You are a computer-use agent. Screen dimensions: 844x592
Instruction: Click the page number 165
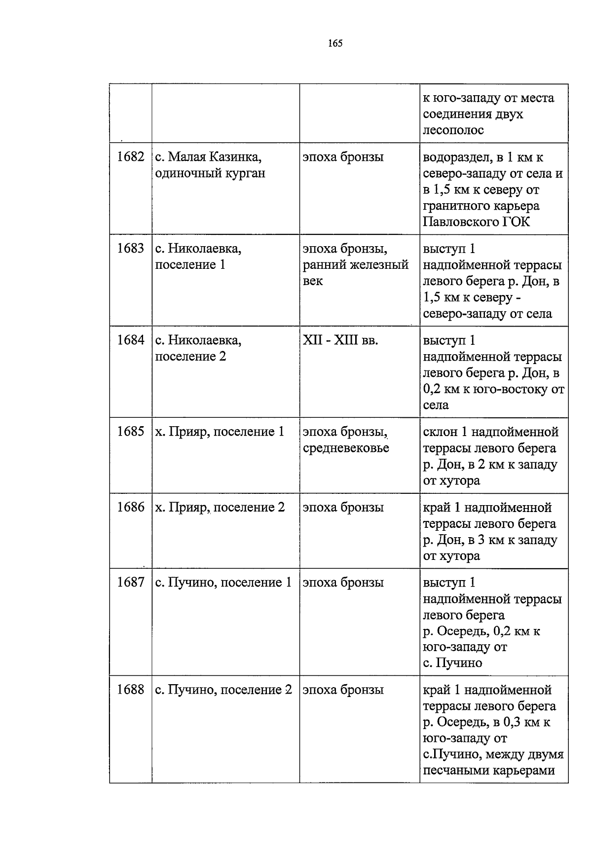335,43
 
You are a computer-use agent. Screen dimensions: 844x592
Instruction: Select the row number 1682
131,157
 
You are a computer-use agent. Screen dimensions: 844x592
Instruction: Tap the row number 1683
131,249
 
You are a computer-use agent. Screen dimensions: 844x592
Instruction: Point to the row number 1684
131,340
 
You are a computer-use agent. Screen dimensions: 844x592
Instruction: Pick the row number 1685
131,432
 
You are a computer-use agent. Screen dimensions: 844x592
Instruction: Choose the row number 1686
131,507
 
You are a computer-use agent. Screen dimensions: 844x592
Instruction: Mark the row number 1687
131,583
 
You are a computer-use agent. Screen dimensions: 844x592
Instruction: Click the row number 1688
131,690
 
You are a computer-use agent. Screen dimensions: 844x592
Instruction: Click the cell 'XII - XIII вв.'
340,340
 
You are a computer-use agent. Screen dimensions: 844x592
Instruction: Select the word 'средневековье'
346,448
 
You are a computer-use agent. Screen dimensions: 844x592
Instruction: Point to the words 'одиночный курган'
210,174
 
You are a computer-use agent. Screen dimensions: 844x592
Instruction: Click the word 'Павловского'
460,222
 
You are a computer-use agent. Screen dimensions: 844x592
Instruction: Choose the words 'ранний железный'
355,265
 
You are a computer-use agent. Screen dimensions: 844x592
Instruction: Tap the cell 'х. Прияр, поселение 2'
220,508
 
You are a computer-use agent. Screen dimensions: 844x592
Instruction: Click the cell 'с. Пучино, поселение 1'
223,583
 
